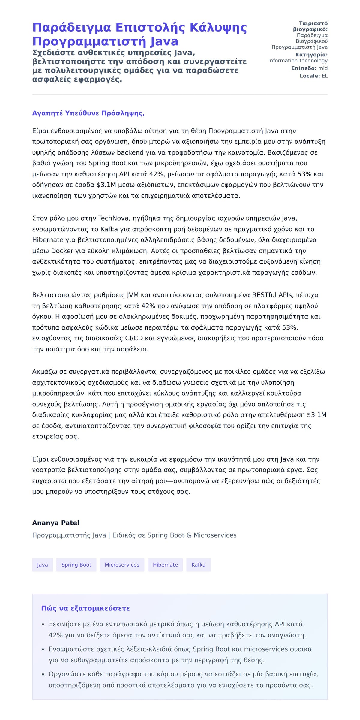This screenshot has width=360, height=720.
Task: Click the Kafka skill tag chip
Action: click(x=198, y=565)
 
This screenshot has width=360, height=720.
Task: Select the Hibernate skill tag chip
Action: click(x=165, y=565)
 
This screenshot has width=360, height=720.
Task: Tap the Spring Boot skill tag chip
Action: click(x=76, y=565)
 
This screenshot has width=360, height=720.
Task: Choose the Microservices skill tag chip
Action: click(x=122, y=565)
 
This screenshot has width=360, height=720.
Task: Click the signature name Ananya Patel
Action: click(x=56, y=523)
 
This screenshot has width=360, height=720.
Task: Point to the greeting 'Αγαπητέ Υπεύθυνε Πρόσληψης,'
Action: click(x=88, y=113)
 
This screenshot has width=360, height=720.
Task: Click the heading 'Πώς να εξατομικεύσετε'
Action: click(x=85, y=608)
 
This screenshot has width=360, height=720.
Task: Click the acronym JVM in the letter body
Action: click(x=133, y=295)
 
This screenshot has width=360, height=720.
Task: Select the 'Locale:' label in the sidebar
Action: click(x=310, y=76)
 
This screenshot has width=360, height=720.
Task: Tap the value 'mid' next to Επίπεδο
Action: click(x=323, y=68)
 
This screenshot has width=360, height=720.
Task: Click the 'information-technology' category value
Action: click(x=298, y=61)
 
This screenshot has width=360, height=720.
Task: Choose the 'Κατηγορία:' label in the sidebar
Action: click(x=311, y=55)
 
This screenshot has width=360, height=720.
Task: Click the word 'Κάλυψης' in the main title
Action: click(x=218, y=28)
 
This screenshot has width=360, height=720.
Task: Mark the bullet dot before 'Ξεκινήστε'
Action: click(x=43, y=625)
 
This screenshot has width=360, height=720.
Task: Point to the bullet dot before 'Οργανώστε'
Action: click(x=43, y=674)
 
